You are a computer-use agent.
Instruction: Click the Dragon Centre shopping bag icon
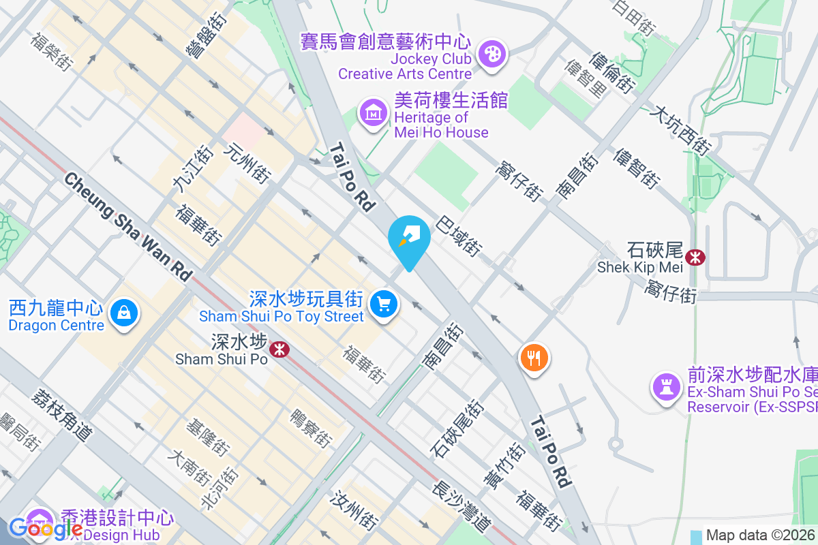(123, 314)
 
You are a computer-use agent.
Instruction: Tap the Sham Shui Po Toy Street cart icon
(384, 304)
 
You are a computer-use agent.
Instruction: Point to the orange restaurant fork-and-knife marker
(534, 357)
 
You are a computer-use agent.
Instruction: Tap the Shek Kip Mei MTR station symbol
(696, 258)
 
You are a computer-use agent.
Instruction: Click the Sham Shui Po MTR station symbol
(278, 349)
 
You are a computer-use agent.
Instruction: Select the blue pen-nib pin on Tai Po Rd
(409, 238)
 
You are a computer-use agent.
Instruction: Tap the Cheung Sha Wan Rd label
(127, 225)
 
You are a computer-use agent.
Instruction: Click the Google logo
(46, 528)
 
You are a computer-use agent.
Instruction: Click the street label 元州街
(246, 163)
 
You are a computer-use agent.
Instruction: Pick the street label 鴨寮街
(311, 428)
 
